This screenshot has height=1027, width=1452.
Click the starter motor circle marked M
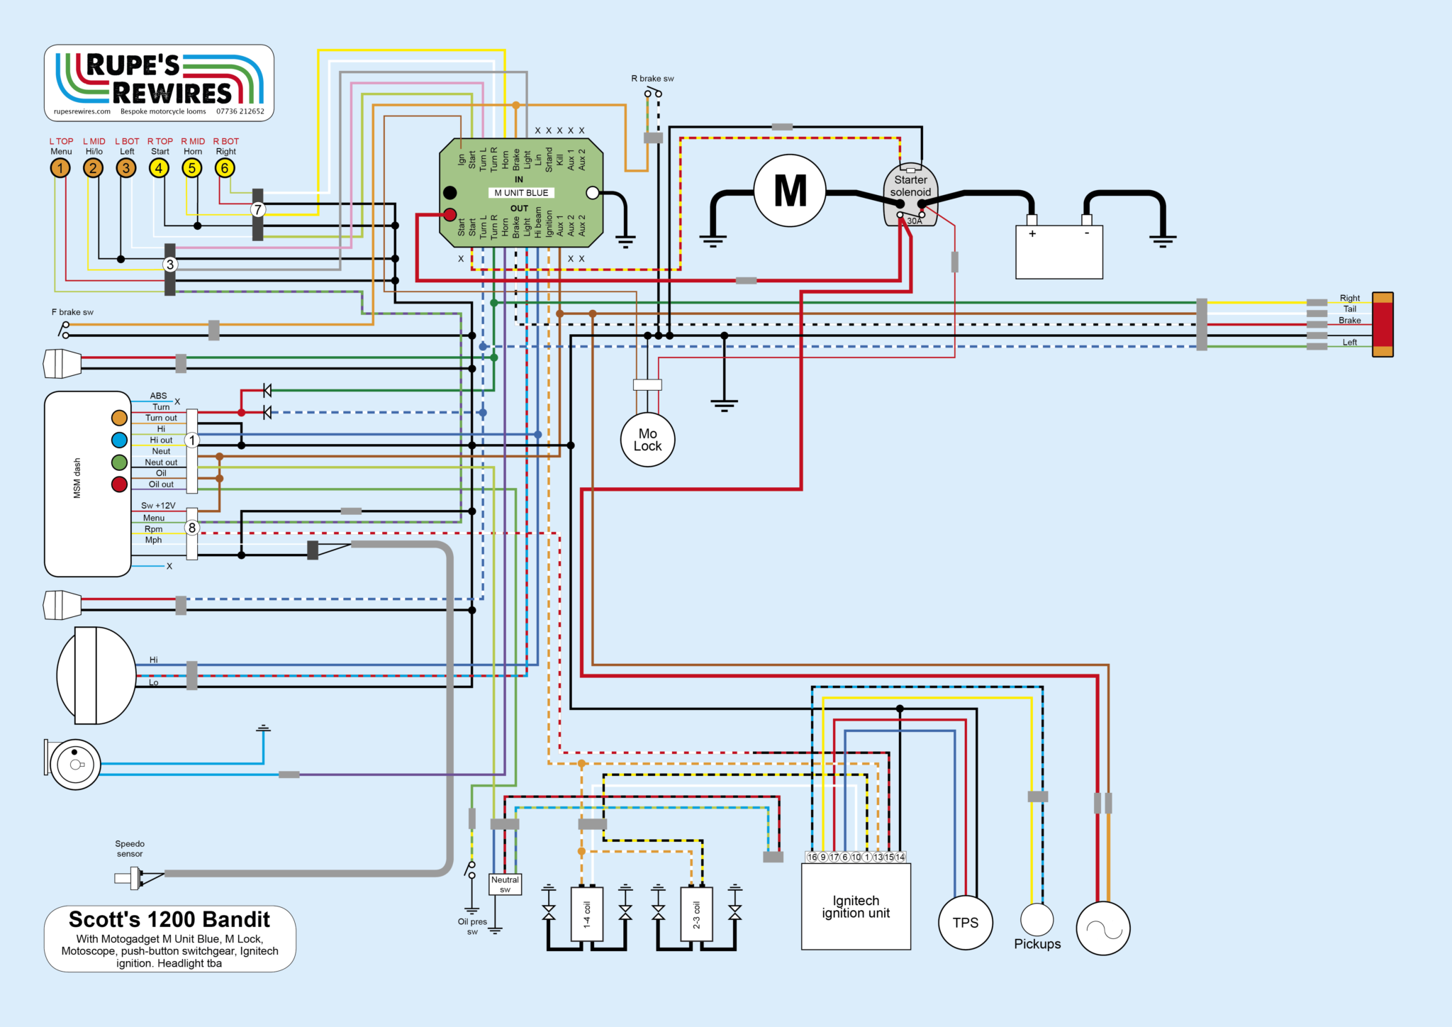(789, 191)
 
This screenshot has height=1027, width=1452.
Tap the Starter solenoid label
(910, 186)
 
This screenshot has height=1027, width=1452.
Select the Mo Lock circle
(647, 440)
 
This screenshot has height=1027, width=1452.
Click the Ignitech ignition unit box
(856, 906)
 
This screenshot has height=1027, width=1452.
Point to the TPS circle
(965, 923)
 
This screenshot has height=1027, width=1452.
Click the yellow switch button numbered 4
(159, 168)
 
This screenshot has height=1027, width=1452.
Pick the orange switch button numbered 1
(60, 168)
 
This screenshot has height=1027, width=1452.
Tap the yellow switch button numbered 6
(225, 168)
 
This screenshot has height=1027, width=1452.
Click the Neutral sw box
(505, 884)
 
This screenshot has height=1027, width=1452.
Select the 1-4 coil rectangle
(587, 914)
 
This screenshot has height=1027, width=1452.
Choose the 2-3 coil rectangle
(696, 914)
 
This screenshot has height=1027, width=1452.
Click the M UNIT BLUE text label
(521, 193)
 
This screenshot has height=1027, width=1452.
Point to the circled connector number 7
(258, 210)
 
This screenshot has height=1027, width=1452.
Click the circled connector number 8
(191, 528)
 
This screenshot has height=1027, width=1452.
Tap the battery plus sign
(1032, 233)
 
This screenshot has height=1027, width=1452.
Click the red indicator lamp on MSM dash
(119, 484)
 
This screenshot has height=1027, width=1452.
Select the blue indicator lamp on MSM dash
(119, 440)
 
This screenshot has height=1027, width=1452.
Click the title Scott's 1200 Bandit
(169, 919)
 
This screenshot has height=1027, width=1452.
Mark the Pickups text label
(1037, 944)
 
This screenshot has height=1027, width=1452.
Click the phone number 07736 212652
(240, 111)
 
